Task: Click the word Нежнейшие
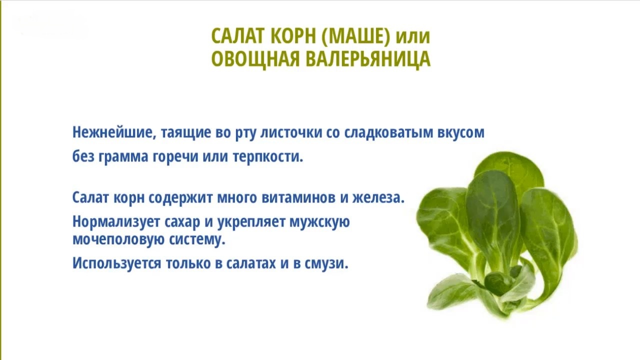114,132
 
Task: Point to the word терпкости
267,157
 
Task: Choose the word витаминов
298,197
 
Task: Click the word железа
378,197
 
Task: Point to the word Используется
117,263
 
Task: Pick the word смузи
326,263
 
